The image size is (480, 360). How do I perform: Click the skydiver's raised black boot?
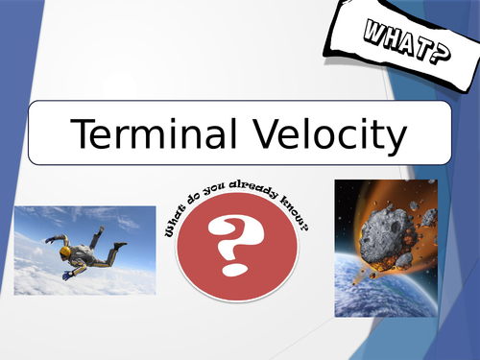pos(99,231)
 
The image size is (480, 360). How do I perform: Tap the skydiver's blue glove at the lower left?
pos(67,276)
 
